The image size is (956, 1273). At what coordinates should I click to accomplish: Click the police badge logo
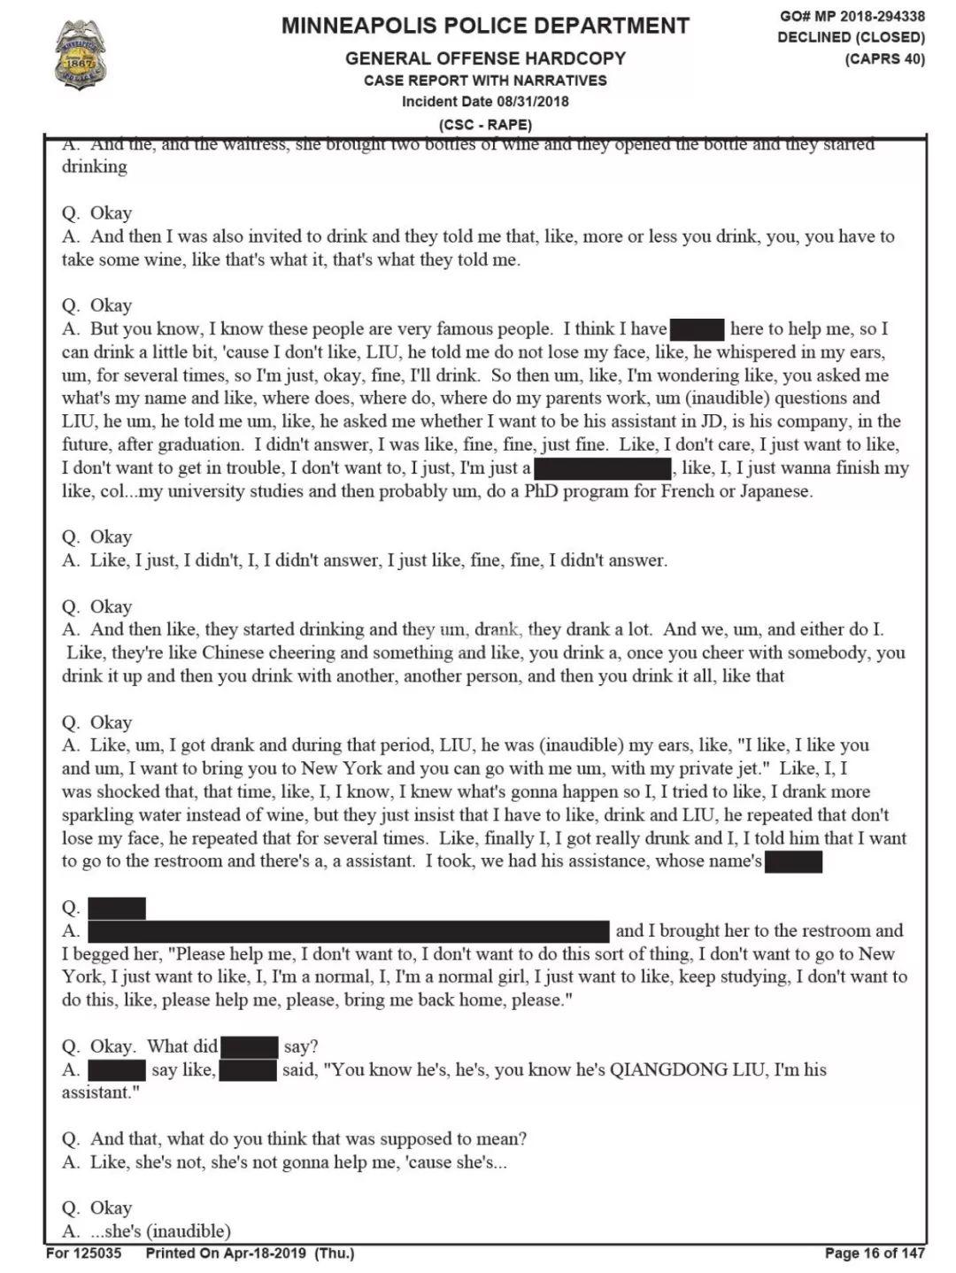pyautogui.click(x=80, y=55)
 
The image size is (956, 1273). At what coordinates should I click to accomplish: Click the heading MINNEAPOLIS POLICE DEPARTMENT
pyautogui.click(x=485, y=26)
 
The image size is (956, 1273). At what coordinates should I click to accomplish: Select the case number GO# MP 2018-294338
pyautogui.click(x=852, y=16)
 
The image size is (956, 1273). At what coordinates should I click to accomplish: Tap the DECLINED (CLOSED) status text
pyautogui.click(x=851, y=37)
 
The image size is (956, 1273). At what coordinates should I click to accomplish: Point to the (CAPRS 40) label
pyautogui.click(x=884, y=58)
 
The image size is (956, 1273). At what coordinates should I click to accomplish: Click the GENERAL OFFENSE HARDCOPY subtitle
pyautogui.click(x=485, y=58)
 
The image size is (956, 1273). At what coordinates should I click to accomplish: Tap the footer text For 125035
pyautogui.click(x=84, y=1253)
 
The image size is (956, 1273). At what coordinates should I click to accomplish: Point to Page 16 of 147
pyautogui.click(x=875, y=1253)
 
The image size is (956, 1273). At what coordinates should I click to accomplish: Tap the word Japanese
pyautogui.click(x=769, y=490)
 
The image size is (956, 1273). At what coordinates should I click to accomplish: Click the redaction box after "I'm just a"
pyautogui.click(x=604, y=468)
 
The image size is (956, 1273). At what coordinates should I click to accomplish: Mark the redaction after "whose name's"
pyautogui.click(x=793, y=861)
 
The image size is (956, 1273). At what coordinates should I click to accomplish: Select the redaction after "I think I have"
pyautogui.click(x=698, y=329)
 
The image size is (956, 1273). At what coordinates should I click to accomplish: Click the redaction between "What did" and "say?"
pyautogui.click(x=250, y=1046)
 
